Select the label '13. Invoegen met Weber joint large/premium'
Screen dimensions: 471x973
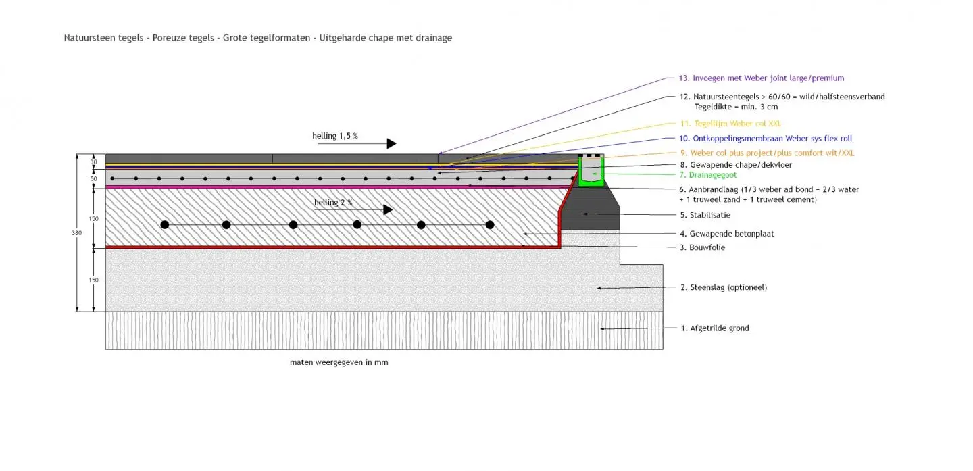click(x=762, y=78)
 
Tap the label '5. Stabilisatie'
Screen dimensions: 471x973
click(x=705, y=215)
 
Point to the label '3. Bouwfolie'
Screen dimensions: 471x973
click(x=703, y=247)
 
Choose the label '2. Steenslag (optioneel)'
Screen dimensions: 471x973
click(x=724, y=287)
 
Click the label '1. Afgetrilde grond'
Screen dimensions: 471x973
click(x=715, y=328)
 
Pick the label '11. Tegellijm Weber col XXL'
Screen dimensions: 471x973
click(x=730, y=124)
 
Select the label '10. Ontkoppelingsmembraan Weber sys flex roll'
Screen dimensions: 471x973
click(x=766, y=139)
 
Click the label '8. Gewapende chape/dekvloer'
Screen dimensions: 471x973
click(x=736, y=164)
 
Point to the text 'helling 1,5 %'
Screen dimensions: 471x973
click(x=335, y=136)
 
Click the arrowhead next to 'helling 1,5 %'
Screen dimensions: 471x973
click(x=391, y=143)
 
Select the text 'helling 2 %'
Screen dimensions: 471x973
click(x=333, y=202)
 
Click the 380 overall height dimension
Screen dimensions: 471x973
click(x=77, y=233)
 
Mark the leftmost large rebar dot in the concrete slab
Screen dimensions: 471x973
click(x=164, y=224)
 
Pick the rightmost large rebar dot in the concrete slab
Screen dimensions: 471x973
click(x=490, y=224)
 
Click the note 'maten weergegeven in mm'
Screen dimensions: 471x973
click(x=339, y=362)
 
